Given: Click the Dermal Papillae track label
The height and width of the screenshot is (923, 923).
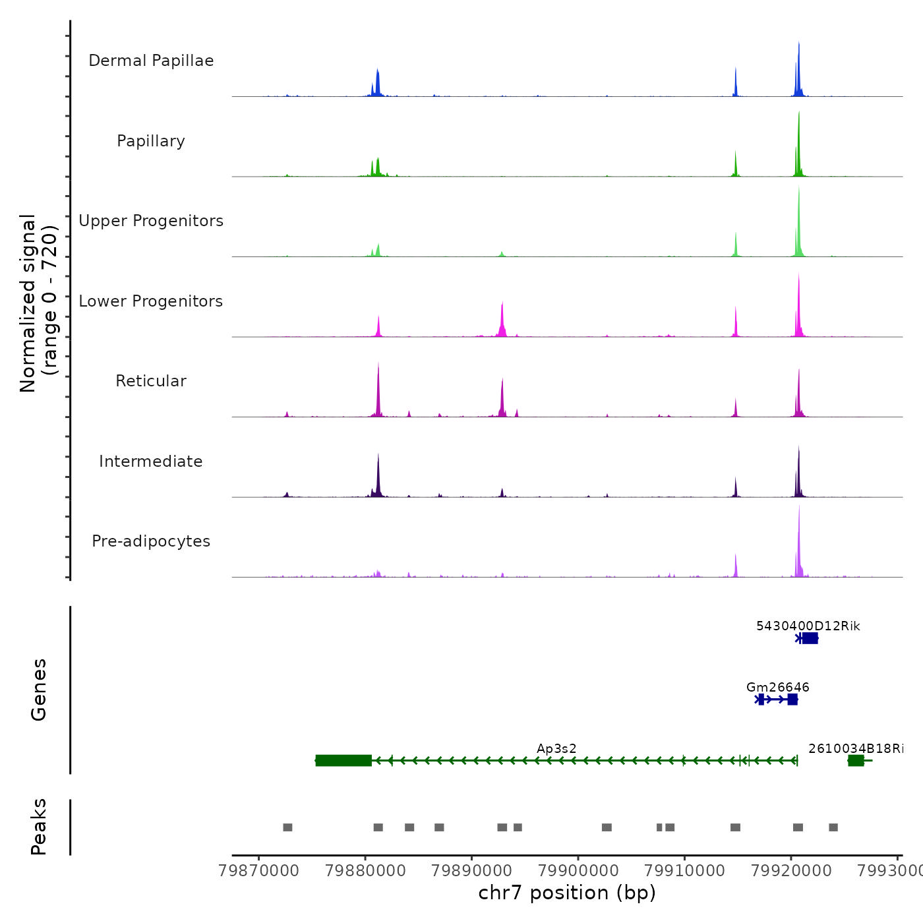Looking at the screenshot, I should pos(151,61).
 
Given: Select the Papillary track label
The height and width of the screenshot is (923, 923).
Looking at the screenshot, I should pos(151,141).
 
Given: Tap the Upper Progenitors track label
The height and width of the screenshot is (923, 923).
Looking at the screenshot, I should pos(151,221).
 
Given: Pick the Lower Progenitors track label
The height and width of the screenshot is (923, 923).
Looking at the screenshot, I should pos(151,301).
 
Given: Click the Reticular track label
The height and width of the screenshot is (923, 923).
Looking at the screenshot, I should pos(151,381).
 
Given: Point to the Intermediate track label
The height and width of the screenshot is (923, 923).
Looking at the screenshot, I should pos(151,461).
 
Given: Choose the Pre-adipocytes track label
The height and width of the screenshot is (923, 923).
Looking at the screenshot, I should pos(151,541).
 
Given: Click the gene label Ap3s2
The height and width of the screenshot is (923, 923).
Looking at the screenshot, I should pos(556,748).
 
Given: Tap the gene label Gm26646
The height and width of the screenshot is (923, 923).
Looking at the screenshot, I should pos(778,687).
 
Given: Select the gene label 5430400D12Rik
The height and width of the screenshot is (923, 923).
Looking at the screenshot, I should pos(808,626).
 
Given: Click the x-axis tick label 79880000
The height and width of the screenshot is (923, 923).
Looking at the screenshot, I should pos(366,871).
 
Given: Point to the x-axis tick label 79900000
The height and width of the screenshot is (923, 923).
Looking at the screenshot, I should pos(578,871).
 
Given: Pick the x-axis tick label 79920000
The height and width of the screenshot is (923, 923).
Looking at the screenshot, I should pos(791,871).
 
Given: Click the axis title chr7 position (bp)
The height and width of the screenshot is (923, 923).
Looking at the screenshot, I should pos(567,893).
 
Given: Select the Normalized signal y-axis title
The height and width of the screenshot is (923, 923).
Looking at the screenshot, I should pos(38,303).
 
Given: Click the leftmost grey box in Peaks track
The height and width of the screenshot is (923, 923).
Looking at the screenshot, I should pos(287,827).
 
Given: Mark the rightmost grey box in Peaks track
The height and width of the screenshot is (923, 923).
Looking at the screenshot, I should pos(833,827).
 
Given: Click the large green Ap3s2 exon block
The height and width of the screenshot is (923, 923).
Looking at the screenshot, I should pos(343,760).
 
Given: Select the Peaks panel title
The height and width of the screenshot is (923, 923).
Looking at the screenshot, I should pos(38,827).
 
